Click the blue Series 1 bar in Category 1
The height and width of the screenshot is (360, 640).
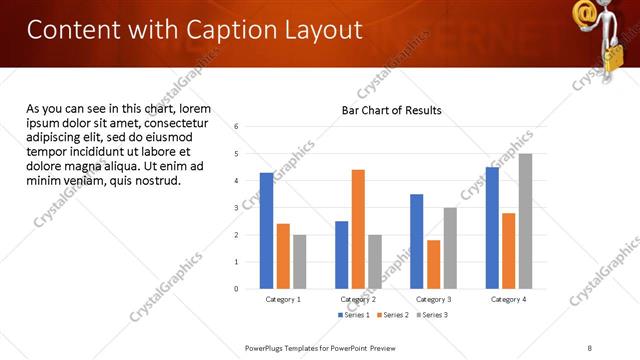tap(266, 231)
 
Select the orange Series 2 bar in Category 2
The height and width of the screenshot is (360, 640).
tap(358, 229)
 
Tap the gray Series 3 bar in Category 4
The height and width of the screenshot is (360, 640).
tap(525, 221)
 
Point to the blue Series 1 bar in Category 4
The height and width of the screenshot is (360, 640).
tap(491, 228)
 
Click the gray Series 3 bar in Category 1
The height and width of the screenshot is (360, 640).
tap(300, 262)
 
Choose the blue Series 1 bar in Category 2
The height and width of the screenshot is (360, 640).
tap(341, 255)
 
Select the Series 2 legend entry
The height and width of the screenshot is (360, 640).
tap(392, 315)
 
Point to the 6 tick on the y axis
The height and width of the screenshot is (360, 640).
tap(236, 127)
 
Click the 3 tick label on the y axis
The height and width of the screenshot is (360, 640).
tap(236, 208)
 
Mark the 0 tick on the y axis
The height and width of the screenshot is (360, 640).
tap(236, 289)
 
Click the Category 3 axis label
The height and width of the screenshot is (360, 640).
tap(434, 299)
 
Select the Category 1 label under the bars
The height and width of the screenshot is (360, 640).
tap(283, 299)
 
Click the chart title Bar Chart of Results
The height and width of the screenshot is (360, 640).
tap(391, 110)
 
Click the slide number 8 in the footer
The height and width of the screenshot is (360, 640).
tap(590, 347)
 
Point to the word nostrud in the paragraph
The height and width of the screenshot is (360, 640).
tap(155, 180)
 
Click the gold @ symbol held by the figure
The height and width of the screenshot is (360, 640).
tap(586, 14)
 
